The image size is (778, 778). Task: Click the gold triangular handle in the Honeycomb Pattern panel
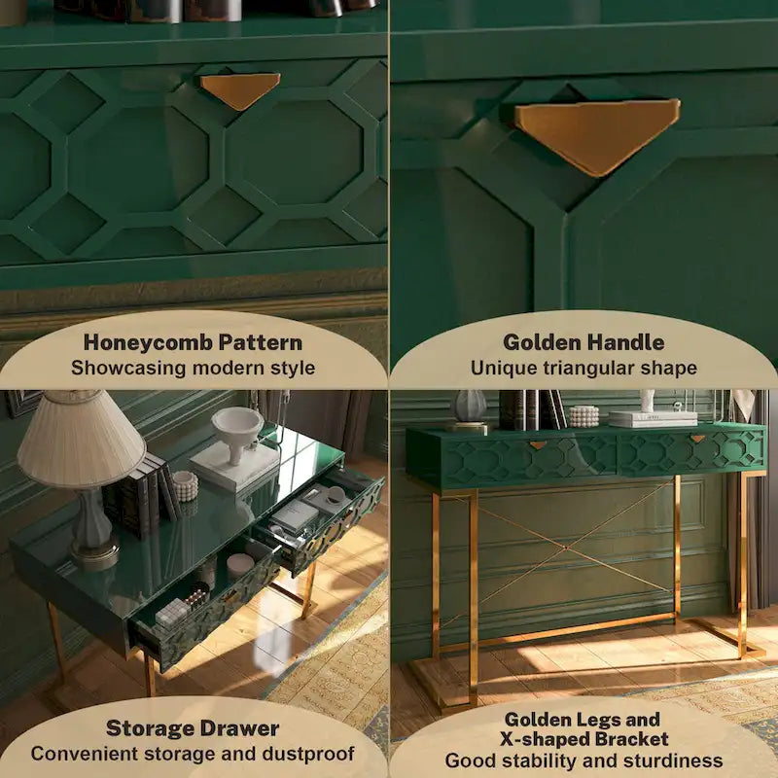(x=240, y=89)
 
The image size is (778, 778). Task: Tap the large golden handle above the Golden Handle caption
(x=597, y=133)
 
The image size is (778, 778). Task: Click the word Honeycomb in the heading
(x=148, y=343)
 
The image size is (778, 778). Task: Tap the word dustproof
(x=308, y=754)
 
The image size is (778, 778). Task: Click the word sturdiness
(x=673, y=760)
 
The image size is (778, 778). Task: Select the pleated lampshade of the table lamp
(x=81, y=440)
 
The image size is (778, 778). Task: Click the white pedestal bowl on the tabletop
(x=237, y=433)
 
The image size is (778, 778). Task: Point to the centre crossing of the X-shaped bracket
(x=566, y=548)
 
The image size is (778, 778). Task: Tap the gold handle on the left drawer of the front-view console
(x=539, y=444)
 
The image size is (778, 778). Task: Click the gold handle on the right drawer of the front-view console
(x=697, y=439)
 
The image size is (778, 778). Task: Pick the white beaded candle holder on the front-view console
(x=583, y=416)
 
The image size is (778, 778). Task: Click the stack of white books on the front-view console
(x=653, y=419)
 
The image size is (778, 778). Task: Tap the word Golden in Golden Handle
(x=542, y=342)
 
